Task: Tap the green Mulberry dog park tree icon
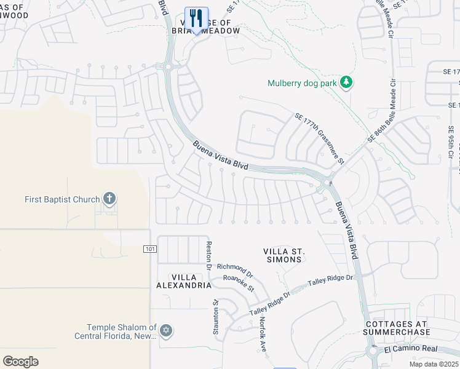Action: click(347, 83)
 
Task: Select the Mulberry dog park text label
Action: click(303, 84)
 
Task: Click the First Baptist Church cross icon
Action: click(109, 199)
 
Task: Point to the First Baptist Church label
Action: click(62, 199)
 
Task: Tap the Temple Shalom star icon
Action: click(165, 331)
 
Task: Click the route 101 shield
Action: click(150, 249)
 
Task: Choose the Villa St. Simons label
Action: click(284, 255)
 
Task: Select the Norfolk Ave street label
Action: click(262, 330)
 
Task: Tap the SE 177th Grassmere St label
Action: click(319, 138)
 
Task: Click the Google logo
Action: click(20, 361)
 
